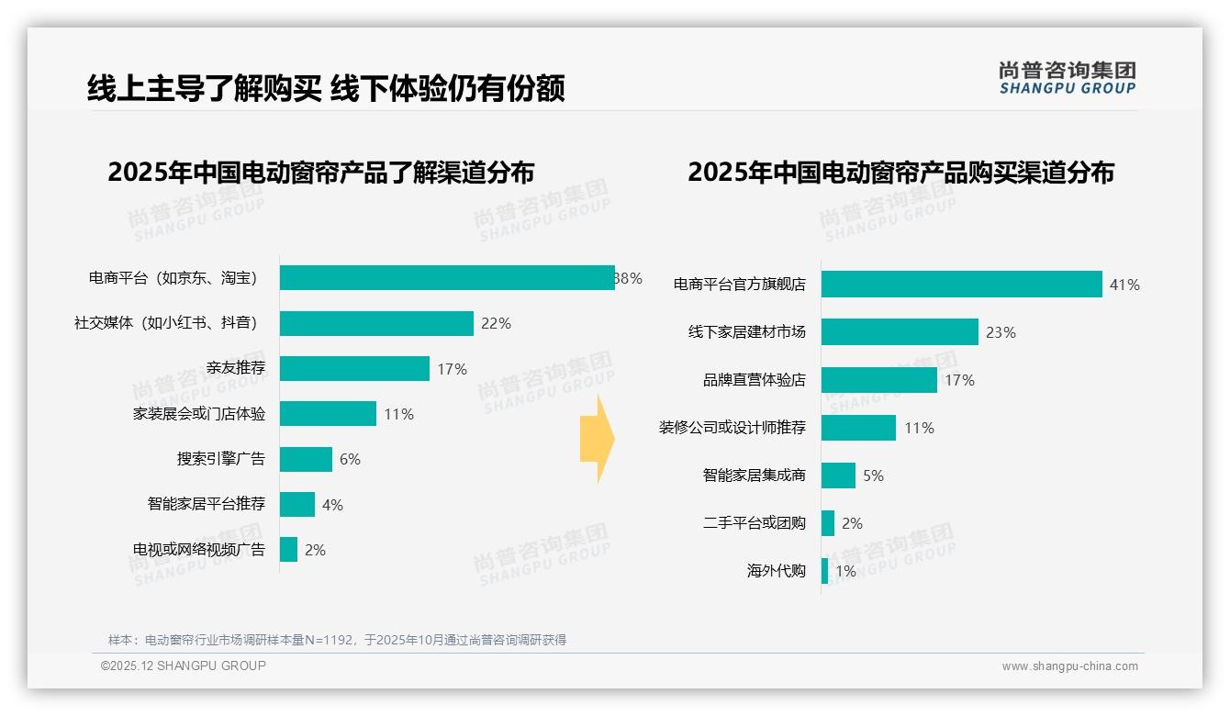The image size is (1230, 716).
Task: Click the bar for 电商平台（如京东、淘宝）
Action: [447, 278]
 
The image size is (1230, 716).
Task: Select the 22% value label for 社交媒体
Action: [496, 323]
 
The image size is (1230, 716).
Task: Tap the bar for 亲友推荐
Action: [354, 369]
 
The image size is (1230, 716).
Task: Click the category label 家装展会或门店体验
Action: [199, 414]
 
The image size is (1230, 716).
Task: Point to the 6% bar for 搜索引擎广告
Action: [306, 460]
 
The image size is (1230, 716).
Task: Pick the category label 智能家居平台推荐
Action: [207, 504]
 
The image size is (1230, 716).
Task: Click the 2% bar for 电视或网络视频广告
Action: [288, 550]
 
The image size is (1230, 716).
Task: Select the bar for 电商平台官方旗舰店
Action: [961, 285]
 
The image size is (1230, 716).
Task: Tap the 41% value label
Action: [1124, 285]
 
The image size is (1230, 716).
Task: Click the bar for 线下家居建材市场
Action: [900, 332]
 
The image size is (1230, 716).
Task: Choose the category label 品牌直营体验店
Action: [755, 380]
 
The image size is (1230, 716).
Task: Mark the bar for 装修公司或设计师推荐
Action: [858, 428]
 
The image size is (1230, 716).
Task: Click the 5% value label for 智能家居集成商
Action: [873, 475]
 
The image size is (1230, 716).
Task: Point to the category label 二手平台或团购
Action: [755, 523]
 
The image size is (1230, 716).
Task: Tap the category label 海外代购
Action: [777, 571]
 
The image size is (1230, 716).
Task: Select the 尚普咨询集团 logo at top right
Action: [1067, 78]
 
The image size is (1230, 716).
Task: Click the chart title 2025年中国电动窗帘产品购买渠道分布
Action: [900, 173]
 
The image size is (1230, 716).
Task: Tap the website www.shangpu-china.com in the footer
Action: [1069, 666]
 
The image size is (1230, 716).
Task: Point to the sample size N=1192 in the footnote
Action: [322, 640]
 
